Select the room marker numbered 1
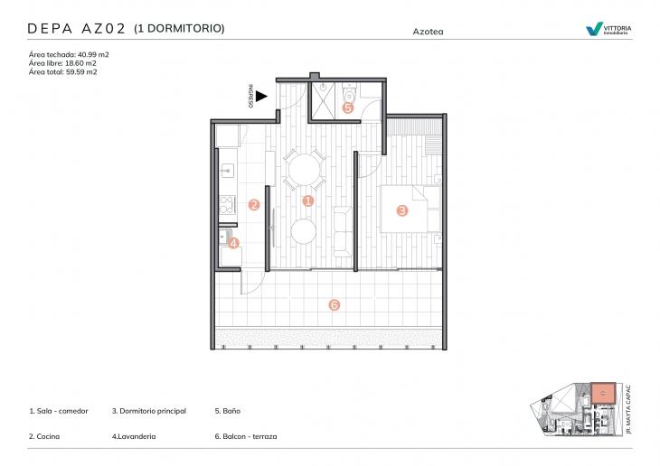click(x=307, y=200)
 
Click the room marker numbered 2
click(x=254, y=205)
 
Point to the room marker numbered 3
click(x=402, y=210)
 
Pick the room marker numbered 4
click(x=233, y=242)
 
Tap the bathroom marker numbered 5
click(x=348, y=107)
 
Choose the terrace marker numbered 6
click(x=334, y=304)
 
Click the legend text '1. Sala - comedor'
click(x=59, y=411)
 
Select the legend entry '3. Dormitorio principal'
click(x=149, y=411)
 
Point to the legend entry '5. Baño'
click(x=228, y=411)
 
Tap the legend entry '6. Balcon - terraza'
click(x=246, y=436)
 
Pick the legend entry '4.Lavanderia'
click(x=134, y=436)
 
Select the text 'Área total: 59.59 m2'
click(x=63, y=72)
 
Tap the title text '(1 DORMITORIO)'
click(x=179, y=29)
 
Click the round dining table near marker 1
click(x=302, y=169)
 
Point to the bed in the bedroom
click(x=411, y=210)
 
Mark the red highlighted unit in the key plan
click(x=601, y=394)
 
